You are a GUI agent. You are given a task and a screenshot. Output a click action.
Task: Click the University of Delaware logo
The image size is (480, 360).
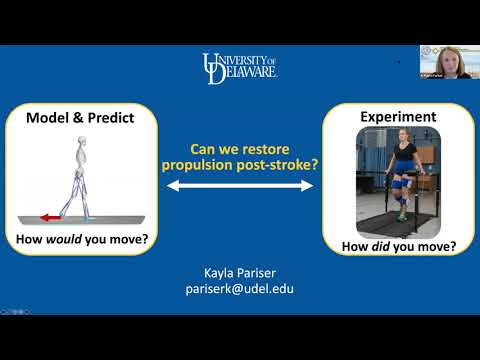click(240, 68)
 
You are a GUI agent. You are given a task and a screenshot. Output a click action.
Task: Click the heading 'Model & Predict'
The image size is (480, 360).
click(83, 117)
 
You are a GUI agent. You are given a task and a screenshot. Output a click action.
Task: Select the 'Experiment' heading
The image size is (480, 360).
click(398, 117)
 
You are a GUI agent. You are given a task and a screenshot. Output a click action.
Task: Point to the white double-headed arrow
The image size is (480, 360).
click(240, 186)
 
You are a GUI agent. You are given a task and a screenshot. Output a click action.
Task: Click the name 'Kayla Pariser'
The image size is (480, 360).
click(240, 272)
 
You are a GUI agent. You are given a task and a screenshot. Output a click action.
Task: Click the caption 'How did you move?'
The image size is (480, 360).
click(399, 246)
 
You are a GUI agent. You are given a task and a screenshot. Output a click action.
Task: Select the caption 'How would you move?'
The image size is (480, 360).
click(83, 239)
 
